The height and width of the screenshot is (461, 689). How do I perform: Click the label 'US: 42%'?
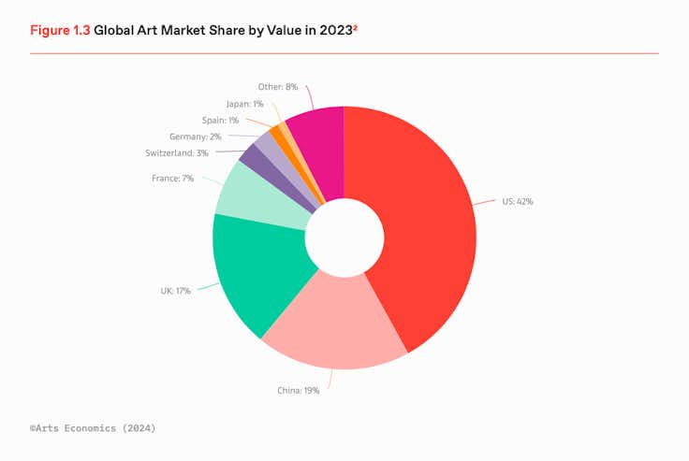click(x=517, y=201)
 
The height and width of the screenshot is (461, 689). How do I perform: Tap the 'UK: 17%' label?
click(x=175, y=291)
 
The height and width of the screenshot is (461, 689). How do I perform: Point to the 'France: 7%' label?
click(x=172, y=178)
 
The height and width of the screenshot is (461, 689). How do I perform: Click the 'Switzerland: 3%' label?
click(x=176, y=152)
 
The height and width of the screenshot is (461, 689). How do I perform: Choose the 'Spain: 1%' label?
click(x=220, y=120)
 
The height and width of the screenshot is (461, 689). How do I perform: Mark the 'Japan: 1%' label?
click(x=244, y=104)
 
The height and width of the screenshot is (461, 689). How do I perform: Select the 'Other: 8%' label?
click(x=278, y=87)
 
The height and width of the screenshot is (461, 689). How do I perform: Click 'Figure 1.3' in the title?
click(x=59, y=30)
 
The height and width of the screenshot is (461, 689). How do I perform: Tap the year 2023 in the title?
click(x=335, y=31)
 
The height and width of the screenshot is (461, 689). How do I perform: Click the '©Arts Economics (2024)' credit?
click(x=93, y=427)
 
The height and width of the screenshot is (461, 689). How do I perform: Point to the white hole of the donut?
click(x=344, y=237)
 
